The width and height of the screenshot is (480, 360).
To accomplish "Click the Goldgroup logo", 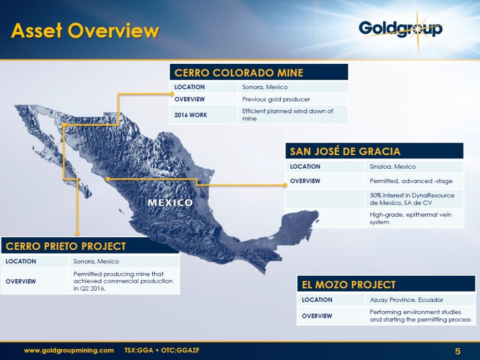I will tap(401, 29).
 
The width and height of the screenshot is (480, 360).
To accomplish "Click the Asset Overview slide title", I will tap(85, 31).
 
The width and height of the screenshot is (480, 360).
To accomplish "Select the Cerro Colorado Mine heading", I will tap(239, 73).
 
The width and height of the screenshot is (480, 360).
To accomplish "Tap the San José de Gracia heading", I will tap(345, 151).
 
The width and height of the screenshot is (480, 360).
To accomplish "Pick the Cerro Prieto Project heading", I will tap(66, 246).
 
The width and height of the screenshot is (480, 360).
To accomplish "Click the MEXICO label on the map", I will tap(170, 202).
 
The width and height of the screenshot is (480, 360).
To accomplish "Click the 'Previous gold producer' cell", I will tap(276, 99).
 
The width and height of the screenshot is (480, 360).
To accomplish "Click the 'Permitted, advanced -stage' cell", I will tap(411, 181).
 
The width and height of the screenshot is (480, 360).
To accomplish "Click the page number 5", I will tap(457, 351).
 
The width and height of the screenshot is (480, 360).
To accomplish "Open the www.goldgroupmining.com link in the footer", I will tap(69, 350).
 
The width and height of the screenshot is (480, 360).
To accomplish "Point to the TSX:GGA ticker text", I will tap(140, 350).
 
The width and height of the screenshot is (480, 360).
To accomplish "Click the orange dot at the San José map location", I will tap(108, 179).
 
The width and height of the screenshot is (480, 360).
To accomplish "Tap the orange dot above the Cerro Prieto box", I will tap(77, 232).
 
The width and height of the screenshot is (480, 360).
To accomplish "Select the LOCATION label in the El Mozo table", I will tap(317, 300).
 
